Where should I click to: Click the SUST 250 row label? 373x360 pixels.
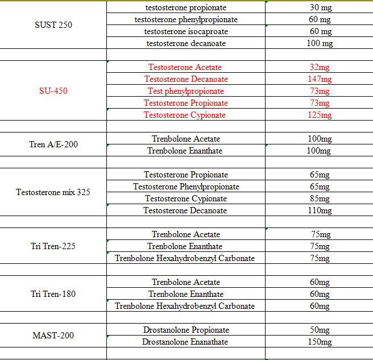point(53,25)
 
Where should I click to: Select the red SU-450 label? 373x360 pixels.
point(53,91)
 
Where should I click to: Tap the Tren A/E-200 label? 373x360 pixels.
point(53,144)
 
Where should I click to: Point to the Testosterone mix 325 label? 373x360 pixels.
point(53,192)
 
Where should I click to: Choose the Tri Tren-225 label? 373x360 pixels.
point(53,246)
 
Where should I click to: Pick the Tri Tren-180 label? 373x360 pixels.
point(53,294)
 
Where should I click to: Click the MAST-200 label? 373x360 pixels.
point(53,336)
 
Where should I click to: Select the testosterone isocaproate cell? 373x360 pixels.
point(186,31)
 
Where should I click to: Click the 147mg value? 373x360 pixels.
point(320,79)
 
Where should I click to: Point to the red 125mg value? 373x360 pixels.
point(320,115)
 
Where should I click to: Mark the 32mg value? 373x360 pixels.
point(320,67)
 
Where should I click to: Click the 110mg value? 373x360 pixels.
point(320,210)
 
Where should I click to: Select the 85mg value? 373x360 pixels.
point(320,198)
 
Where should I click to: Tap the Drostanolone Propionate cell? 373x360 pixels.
point(186,330)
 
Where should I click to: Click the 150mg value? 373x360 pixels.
point(320,342)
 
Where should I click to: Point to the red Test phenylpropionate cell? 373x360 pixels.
point(186,91)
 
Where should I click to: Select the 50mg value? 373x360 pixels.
point(320,330)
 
